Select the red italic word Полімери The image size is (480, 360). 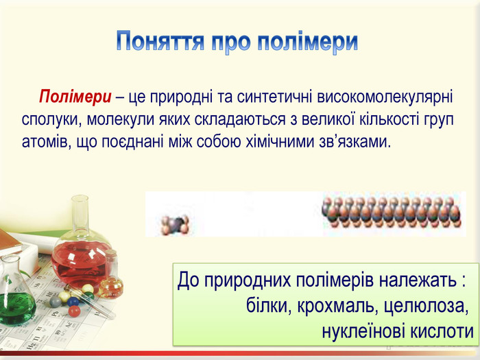point(75,97)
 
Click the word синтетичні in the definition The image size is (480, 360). point(274,97)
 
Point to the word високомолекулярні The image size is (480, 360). point(385,97)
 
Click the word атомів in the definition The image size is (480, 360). point(44,142)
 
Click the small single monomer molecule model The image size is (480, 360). point(175,224)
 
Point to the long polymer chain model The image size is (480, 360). point(392,212)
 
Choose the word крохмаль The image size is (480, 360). point(337,305)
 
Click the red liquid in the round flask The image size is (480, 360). point(80,263)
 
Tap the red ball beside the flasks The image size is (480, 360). point(74,311)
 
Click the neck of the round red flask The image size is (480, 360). point(80,213)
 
